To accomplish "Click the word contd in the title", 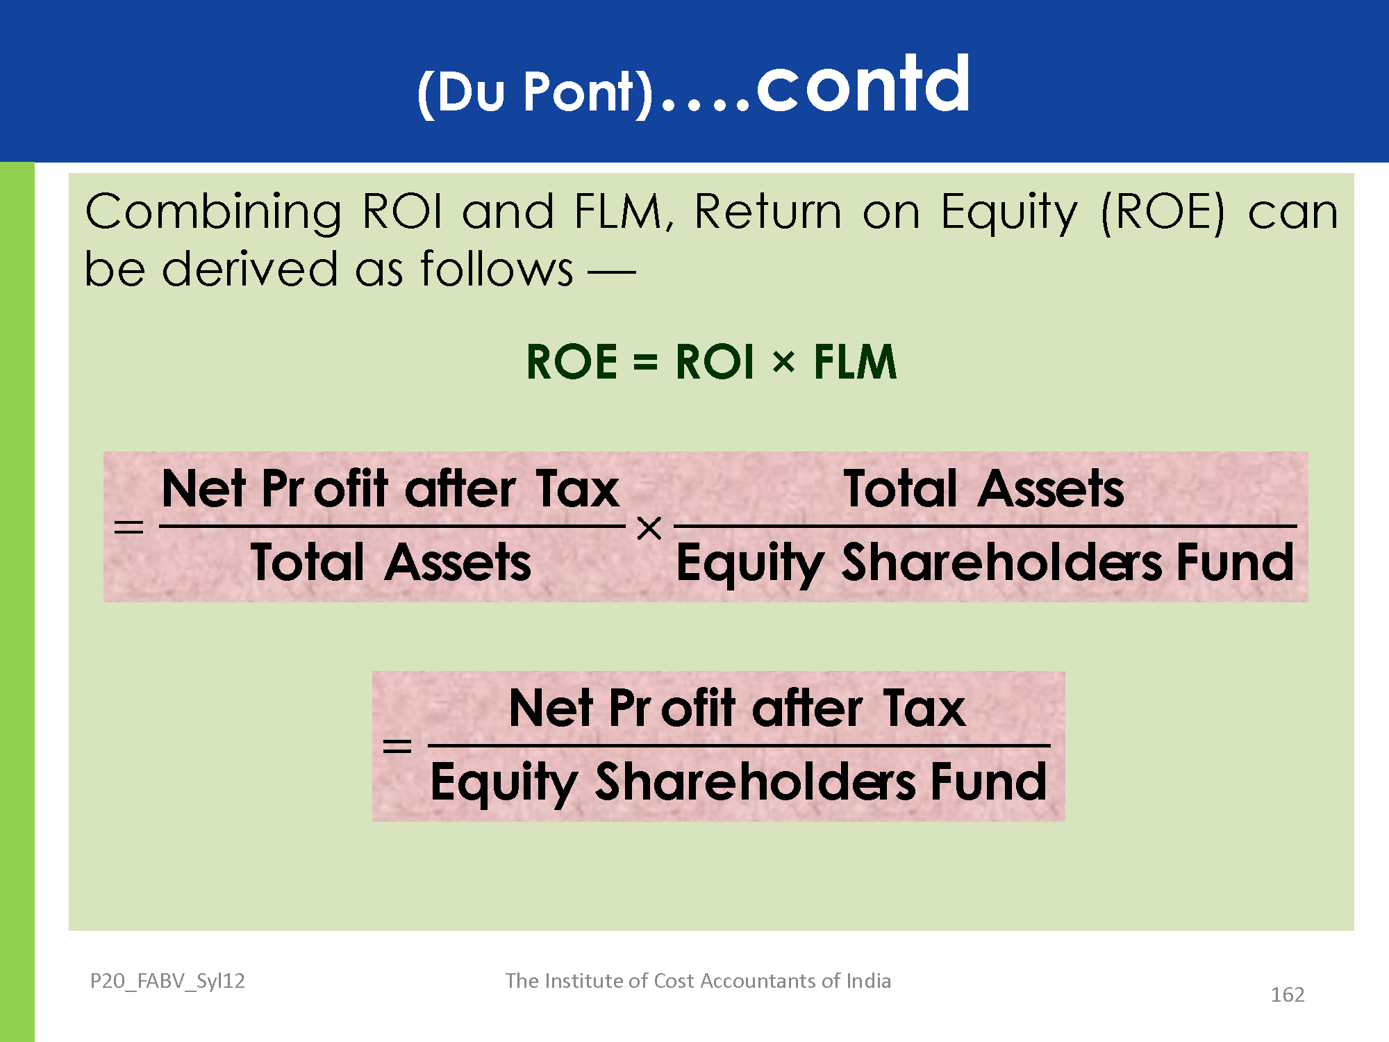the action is point(863,84).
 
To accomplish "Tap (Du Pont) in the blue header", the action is point(535,92).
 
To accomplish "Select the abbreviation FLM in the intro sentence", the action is point(619,211).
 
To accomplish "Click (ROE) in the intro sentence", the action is point(1164,213).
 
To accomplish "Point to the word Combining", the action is point(213,213).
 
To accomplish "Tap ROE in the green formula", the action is point(572,362).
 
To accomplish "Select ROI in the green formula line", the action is point(715,362).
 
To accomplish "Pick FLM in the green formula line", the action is point(855,362).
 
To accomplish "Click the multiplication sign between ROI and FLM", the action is point(783,363).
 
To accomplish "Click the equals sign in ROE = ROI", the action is point(645,363).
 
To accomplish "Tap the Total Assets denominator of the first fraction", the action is point(391,562).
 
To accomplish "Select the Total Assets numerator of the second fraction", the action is point(983,488).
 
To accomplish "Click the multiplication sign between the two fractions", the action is point(649,529).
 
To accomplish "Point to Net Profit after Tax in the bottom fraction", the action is point(737,708).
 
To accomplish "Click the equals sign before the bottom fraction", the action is point(397,747).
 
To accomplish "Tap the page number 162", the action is point(1288,995).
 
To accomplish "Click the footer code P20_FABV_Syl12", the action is point(167,982).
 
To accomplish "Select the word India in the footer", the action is point(868,980).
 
